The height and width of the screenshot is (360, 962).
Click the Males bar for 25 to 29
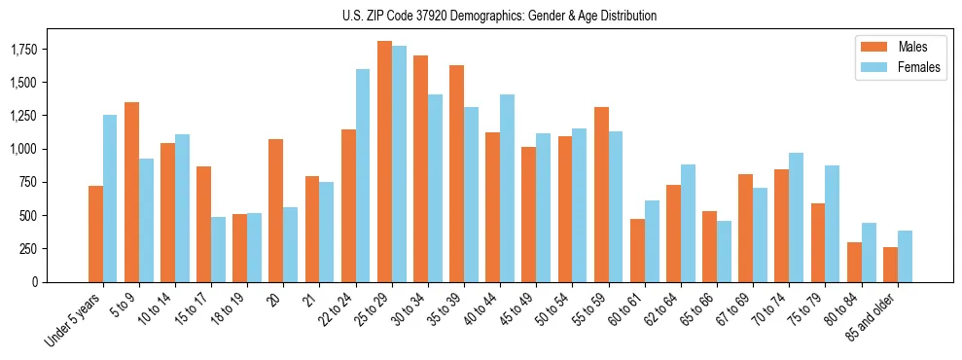coord(384,162)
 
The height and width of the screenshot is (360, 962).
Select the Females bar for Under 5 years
coord(110,198)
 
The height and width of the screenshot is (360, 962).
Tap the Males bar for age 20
coord(276,210)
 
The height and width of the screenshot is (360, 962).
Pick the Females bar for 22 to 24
coord(363,175)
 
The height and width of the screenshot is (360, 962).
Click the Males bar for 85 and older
coord(890,265)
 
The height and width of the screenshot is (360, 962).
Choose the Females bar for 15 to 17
coord(218,249)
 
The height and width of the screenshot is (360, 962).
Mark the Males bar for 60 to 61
coord(637,250)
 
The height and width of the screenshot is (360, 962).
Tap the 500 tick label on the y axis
coord(29,216)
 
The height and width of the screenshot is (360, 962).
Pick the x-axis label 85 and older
coord(872,317)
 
